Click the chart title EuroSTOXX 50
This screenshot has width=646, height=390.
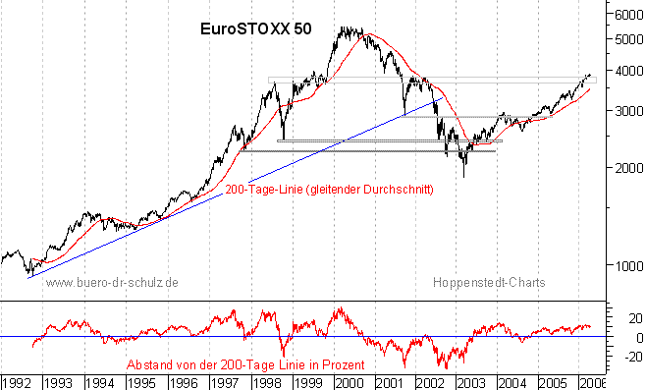click(249, 28)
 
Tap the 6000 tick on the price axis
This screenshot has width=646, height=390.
click(623, 15)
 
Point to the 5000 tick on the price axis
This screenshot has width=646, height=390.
click(623, 39)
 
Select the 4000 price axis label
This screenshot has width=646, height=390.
click(623, 72)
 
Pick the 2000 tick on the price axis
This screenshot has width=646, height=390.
click(623, 168)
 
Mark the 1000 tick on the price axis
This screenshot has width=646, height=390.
click(623, 265)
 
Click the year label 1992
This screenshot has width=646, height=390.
click(17, 380)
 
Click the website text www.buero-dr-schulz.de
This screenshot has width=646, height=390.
click(112, 282)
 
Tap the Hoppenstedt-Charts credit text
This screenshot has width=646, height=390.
click(488, 282)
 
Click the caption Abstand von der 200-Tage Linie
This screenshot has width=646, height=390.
click(245, 363)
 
